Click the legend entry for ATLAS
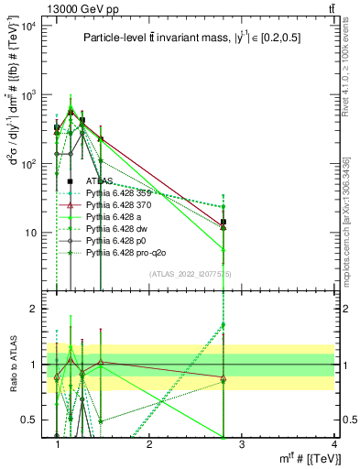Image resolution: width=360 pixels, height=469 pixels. point(103,182)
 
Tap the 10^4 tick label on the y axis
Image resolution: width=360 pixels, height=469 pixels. point(26,26)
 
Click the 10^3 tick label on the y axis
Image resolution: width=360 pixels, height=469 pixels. point(26,94)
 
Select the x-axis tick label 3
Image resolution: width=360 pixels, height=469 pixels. point(241,444)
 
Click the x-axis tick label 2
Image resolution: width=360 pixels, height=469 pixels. point(149,444)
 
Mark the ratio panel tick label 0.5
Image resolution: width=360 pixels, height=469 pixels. point(27,420)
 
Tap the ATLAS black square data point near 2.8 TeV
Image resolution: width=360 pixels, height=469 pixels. point(224,222)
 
